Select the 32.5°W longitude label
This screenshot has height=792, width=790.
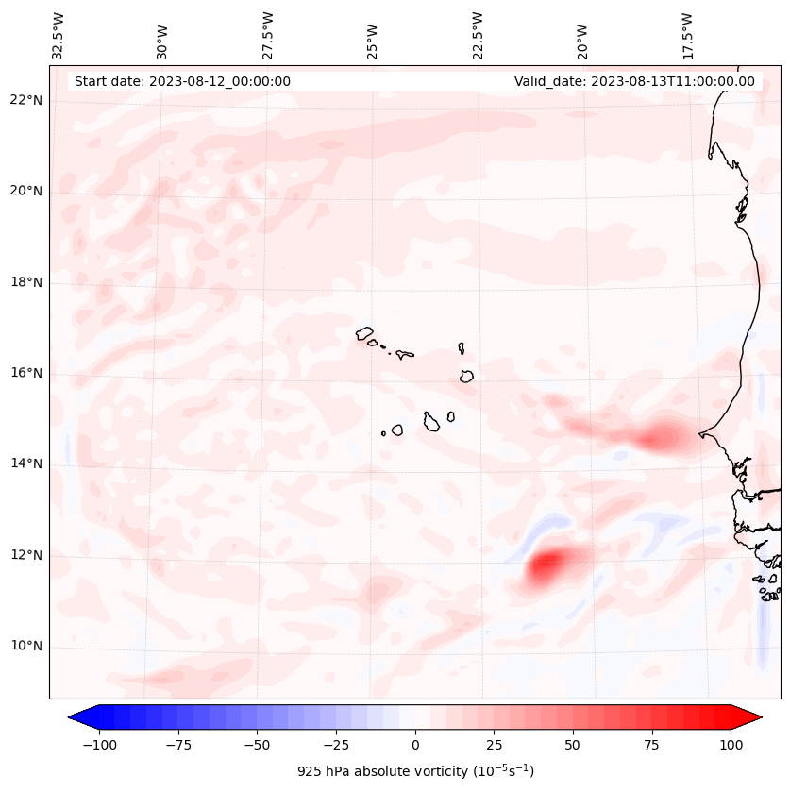[x=59, y=36]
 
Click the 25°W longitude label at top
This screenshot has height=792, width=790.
[x=373, y=36]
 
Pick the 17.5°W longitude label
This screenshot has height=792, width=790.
[x=687, y=36]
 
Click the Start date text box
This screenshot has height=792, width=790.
[x=182, y=81]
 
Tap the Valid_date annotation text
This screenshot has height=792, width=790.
[x=634, y=81]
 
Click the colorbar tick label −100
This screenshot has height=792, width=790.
[x=97, y=745]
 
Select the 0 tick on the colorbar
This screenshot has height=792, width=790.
[x=415, y=745]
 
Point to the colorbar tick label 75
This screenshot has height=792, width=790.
[x=652, y=745]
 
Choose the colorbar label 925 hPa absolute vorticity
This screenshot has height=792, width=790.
[x=415, y=771]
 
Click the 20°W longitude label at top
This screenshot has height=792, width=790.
[x=582, y=36]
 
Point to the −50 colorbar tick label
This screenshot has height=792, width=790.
[x=256, y=745]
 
